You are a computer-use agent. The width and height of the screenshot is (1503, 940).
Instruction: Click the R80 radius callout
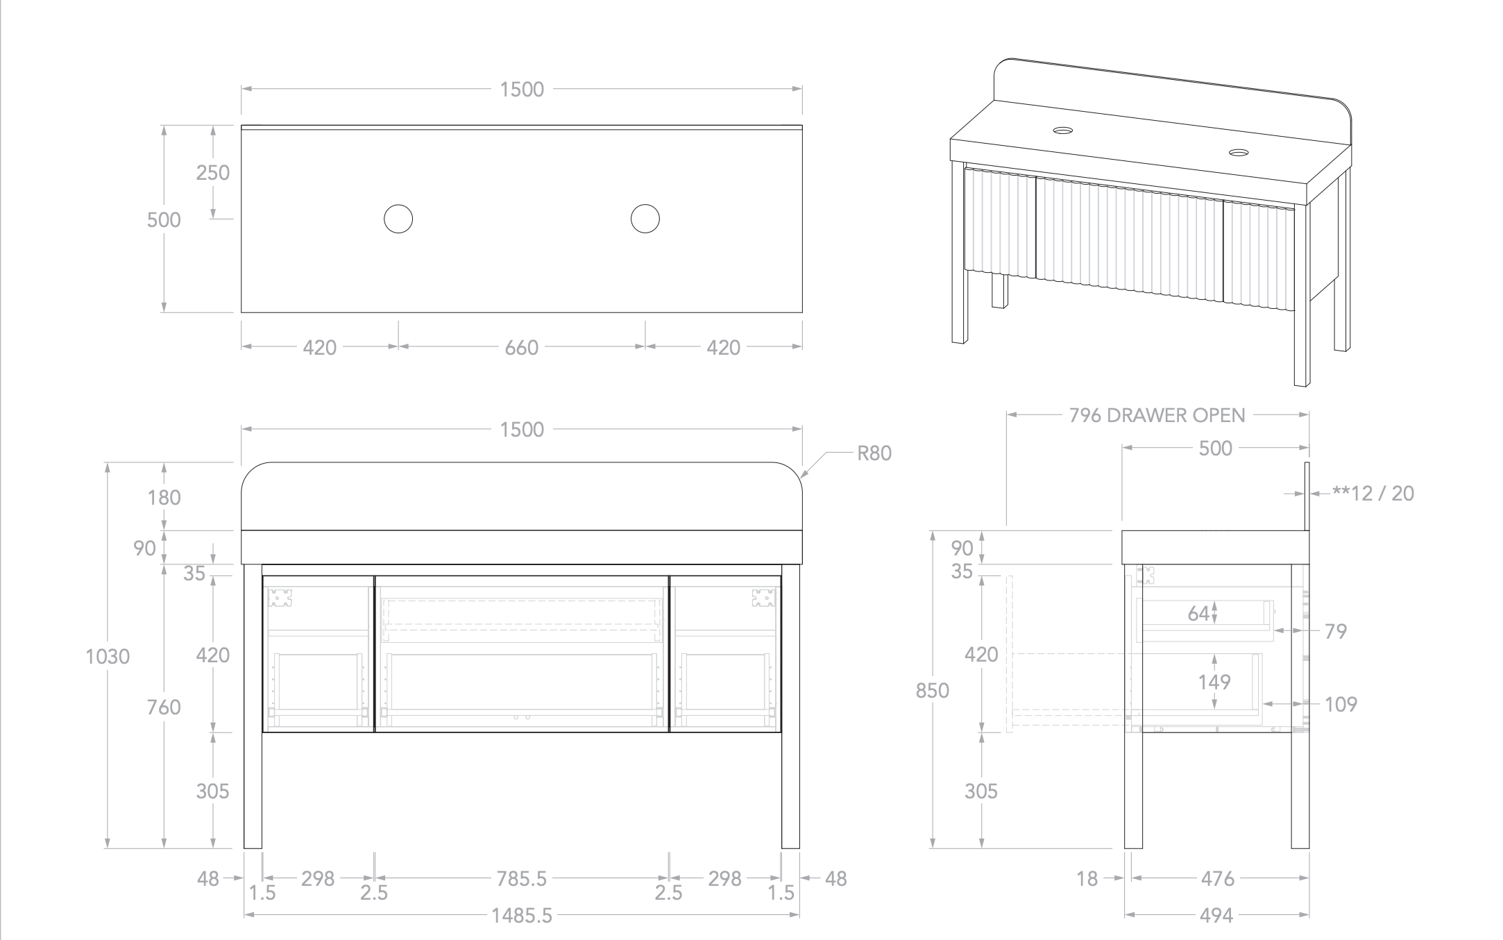[874, 453]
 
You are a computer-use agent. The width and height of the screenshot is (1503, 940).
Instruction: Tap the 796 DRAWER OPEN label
[1157, 415]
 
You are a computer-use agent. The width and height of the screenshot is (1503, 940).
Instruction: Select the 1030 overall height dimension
[108, 656]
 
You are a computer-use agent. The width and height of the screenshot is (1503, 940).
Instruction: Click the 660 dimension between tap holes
[522, 347]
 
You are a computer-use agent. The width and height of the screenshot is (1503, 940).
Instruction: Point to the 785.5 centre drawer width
[522, 879]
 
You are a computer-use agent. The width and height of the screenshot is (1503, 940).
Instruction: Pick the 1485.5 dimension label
[523, 916]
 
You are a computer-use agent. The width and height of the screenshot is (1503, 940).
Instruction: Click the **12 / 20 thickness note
[1373, 493]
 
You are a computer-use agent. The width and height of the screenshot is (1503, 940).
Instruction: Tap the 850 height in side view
[933, 690]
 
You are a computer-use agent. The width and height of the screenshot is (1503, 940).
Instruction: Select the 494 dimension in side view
[1216, 916]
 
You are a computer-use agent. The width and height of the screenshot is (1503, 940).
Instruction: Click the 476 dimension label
[1218, 879]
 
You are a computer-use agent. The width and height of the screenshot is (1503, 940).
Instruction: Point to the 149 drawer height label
[1214, 682]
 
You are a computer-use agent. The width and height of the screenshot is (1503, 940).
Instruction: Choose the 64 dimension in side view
[1198, 613]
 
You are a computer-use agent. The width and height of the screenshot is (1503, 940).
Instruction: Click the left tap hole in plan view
[398, 219]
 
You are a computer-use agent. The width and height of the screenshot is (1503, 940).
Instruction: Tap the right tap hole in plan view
[645, 219]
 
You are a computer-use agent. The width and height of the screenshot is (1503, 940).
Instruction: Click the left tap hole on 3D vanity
[1062, 130]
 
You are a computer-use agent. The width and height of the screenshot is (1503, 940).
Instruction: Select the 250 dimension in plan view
[213, 172]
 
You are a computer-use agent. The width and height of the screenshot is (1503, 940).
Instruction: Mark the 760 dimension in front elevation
[164, 707]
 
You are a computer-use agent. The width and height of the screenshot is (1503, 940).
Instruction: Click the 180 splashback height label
[164, 497]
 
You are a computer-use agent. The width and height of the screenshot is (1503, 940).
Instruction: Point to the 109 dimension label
[1341, 704]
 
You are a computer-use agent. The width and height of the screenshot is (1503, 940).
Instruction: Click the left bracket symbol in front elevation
[280, 598]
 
